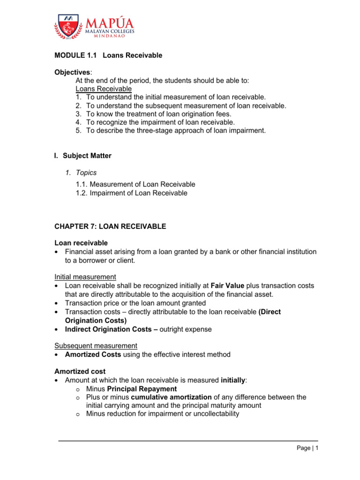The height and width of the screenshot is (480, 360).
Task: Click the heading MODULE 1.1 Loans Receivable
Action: pos(108,55)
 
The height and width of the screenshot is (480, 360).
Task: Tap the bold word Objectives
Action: pos(73,72)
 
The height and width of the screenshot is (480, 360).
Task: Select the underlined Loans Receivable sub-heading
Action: pos(104,89)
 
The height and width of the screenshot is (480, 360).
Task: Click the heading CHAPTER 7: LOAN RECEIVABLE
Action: pos(110,226)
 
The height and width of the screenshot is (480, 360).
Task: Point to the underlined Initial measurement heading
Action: pos(85,277)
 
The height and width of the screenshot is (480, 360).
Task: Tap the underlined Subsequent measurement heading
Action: pos(96,346)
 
